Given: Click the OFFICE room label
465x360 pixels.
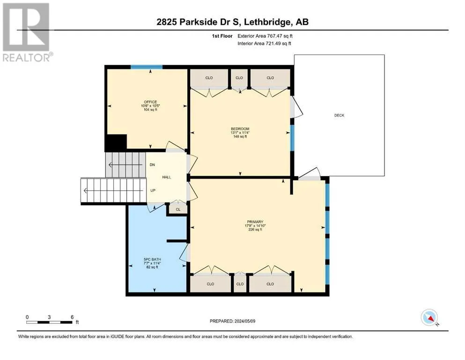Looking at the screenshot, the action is pyautogui.click(x=150, y=102).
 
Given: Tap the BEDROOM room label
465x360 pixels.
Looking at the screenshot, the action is pyautogui.click(x=240, y=129).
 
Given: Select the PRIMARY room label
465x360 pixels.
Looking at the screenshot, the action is pyautogui.click(x=255, y=222).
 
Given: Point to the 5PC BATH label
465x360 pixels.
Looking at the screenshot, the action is pyautogui.click(x=152, y=259).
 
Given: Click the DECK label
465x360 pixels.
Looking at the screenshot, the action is pyautogui.click(x=339, y=115).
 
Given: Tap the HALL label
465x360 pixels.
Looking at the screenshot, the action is pyautogui.click(x=167, y=177).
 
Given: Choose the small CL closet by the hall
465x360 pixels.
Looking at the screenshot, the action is pyautogui.click(x=178, y=209).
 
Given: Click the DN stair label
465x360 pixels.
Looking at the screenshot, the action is pyautogui.click(x=152, y=165).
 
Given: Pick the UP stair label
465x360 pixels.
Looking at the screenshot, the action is pyautogui.click(x=153, y=190).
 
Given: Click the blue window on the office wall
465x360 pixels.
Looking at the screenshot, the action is pyautogui.click(x=147, y=67).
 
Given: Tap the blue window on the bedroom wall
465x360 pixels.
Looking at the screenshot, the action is pyautogui.click(x=292, y=138).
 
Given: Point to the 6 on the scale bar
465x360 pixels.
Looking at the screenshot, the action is pyautogui.click(x=72, y=317).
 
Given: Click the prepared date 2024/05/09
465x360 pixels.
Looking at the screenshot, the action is pyautogui.click(x=244, y=321).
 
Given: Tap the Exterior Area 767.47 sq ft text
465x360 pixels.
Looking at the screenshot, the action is pyautogui.click(x=265, y=36).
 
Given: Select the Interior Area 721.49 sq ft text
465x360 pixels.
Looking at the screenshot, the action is pyautogui.click(x=264, y=43).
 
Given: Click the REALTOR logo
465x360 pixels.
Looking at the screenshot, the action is pyautogui.click(x=27, y=32).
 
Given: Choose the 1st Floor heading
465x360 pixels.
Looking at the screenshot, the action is pyautogui.click(x=222, y=36).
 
